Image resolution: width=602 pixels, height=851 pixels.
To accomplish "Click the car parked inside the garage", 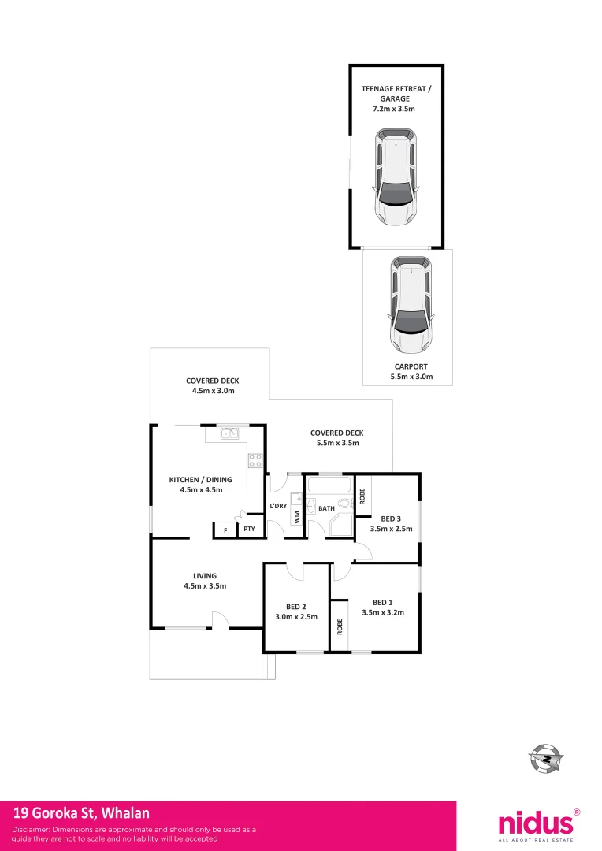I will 396,177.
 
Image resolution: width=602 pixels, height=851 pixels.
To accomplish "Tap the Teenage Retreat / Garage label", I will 396,99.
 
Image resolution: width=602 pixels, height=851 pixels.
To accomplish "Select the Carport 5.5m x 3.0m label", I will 407,372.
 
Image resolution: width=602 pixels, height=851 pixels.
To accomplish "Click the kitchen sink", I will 229,433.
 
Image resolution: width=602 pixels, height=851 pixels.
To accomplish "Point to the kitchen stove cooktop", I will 255,462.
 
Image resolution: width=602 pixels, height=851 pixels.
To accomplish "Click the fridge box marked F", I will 225,530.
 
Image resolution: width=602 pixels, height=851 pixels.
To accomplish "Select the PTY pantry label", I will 249,530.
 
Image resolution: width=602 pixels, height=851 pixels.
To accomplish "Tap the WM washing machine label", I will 297,517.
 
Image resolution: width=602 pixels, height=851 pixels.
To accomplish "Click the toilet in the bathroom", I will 344,505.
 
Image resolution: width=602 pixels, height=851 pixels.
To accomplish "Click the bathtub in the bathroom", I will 329,485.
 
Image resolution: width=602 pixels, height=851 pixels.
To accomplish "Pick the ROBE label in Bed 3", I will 362,496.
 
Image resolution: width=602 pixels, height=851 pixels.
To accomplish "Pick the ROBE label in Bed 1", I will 340,626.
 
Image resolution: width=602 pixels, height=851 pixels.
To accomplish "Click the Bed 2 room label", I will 295,611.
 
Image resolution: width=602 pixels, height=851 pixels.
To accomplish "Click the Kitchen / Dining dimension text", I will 201,489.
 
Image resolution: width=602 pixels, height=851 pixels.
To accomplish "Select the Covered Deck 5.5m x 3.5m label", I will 336,438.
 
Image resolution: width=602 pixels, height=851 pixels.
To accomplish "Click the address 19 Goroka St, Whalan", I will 81,812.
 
